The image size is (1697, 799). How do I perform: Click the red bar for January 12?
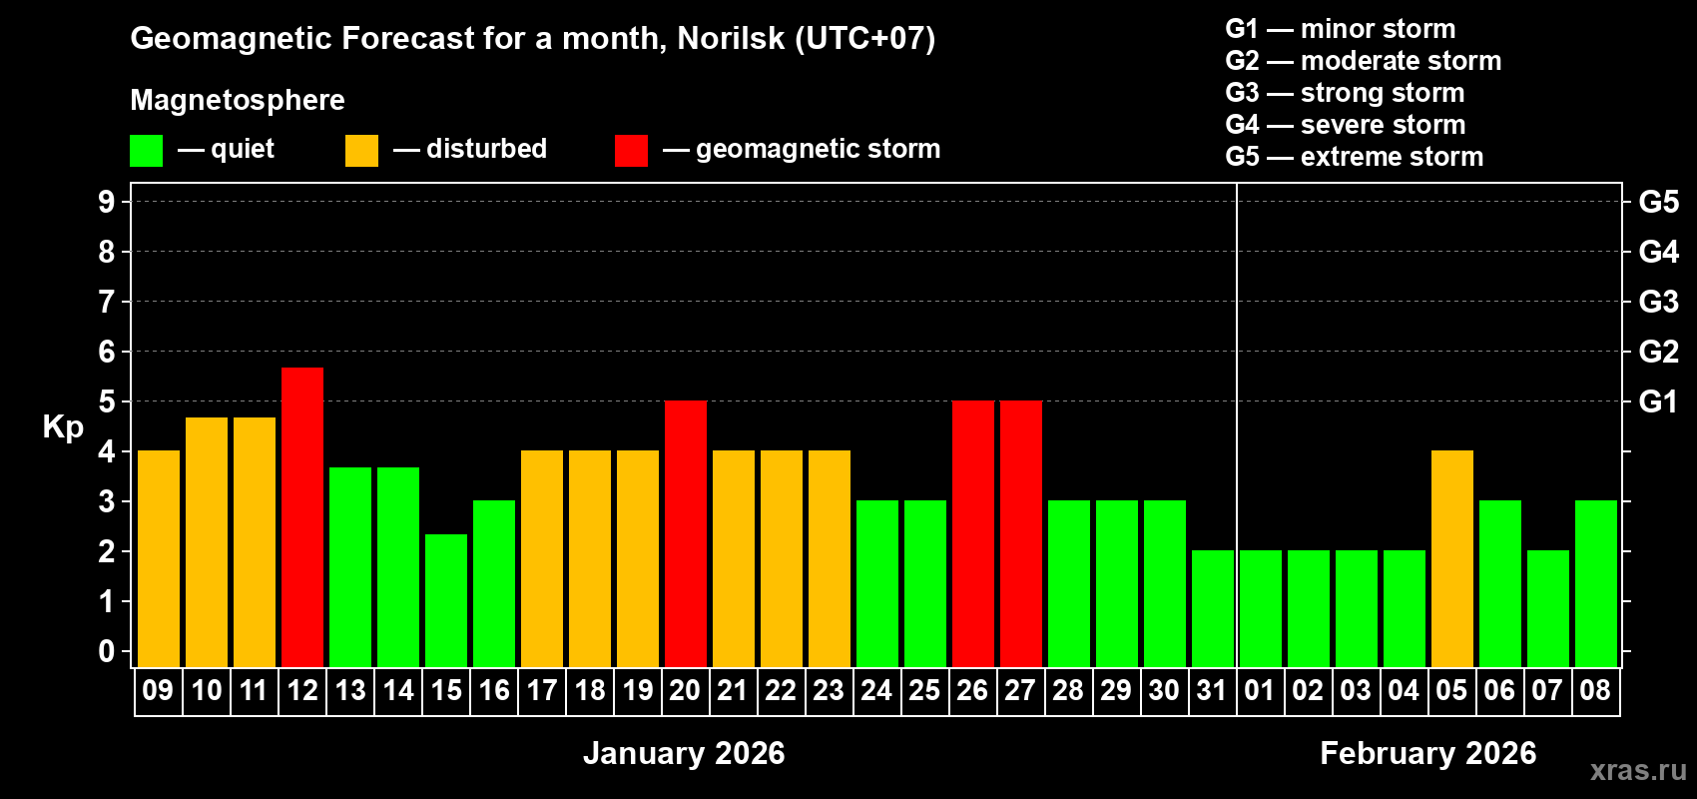(x=302, y=516)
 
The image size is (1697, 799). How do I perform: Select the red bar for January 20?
(x=686, y=533)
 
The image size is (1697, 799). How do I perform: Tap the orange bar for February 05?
(x=1452, y=558)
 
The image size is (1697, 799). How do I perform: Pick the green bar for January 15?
(x=446, y=600)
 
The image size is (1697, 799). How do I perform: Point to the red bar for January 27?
(x=1021, y=533)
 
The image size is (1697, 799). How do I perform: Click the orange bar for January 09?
(x=159, y=558)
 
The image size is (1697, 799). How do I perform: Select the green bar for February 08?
(x=1596, y=583)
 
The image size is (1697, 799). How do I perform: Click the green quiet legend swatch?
(x=147, y=151)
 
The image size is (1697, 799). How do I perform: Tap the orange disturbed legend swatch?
(x=361, y=151)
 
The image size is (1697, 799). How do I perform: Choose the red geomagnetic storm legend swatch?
(x=631, y=151)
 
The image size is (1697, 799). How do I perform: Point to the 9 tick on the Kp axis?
(x=107, y=202)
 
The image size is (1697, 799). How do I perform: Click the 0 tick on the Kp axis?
(x=107, y=651)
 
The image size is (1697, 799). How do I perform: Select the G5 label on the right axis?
(x=1658, y=202)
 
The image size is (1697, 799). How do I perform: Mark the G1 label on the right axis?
(x=1658, y=401)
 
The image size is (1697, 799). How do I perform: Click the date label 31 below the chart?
(x=1212, y=690)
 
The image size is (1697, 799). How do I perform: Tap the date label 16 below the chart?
(x=494, y=690)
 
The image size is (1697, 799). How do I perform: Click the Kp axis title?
(x=63, y=427)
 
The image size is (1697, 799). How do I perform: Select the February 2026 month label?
(x=1427, y=753)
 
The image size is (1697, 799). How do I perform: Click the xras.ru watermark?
(x=1638, y=769)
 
